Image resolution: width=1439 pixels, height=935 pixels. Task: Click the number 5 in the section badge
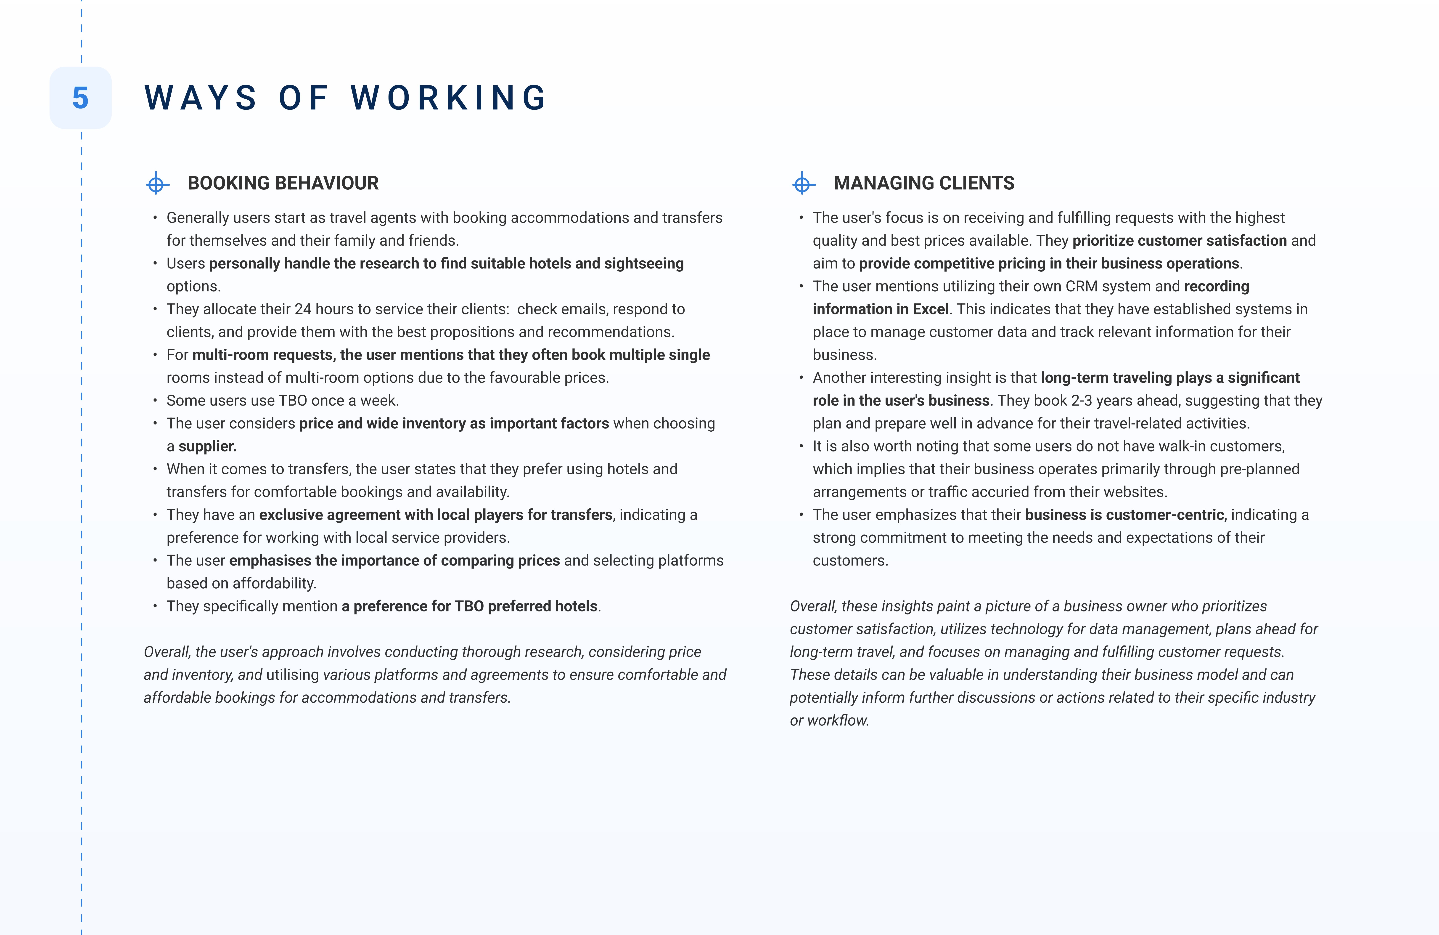[x=80, y=98]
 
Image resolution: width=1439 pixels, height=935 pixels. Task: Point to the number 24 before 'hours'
[x=303, y=309]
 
